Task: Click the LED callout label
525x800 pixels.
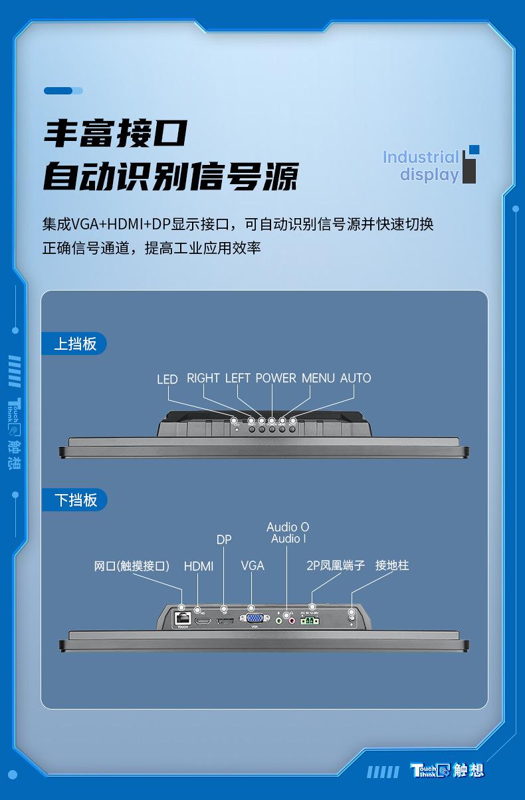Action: pos(167,379)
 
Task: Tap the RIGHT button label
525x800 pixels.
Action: pos(203,378)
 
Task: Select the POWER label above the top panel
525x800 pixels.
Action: pos(276,378)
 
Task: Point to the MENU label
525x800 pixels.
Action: pos(318,378)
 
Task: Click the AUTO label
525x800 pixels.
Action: pos(356,378)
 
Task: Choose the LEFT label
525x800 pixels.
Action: pos(238,378)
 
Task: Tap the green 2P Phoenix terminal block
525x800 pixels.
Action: pos(309,620)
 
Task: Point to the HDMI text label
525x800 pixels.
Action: pos(199,566)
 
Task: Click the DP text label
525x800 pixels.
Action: pos(224,539)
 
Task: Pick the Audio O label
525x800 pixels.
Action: pos(288,527)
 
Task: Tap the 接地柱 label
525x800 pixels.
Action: pos(392,565)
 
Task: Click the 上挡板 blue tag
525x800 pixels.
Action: pos(74,344)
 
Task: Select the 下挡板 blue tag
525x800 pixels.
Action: pos(74,500)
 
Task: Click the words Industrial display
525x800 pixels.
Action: pos(421,166)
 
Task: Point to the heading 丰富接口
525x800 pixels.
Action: pos(116,134)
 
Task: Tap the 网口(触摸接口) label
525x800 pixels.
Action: pos(132,566)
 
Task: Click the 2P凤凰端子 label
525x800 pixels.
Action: pos(336,565)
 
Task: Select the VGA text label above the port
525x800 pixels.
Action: pos(253,565)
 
